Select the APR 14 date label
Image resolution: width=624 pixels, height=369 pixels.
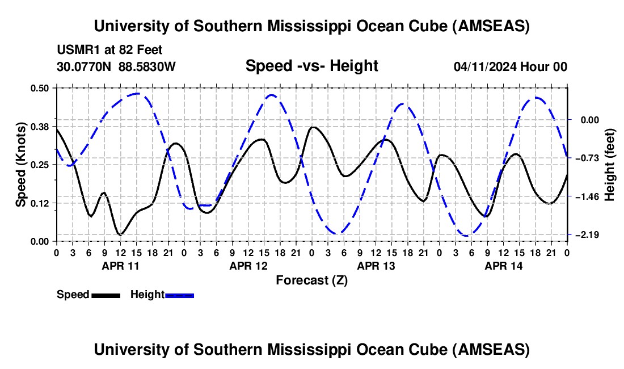coord(503,266)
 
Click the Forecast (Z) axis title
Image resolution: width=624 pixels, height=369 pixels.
coord(311,280)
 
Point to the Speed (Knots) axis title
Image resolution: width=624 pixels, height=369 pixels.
coord(21,165)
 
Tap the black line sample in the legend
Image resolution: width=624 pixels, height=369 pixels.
coord(105,295)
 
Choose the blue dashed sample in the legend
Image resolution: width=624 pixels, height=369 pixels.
coord(179,295)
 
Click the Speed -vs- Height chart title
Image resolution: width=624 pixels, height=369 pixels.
coord(311,66)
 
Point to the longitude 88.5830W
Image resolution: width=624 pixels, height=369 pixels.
coord(147,66)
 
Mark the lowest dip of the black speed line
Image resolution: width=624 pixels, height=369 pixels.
coord(120,234)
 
